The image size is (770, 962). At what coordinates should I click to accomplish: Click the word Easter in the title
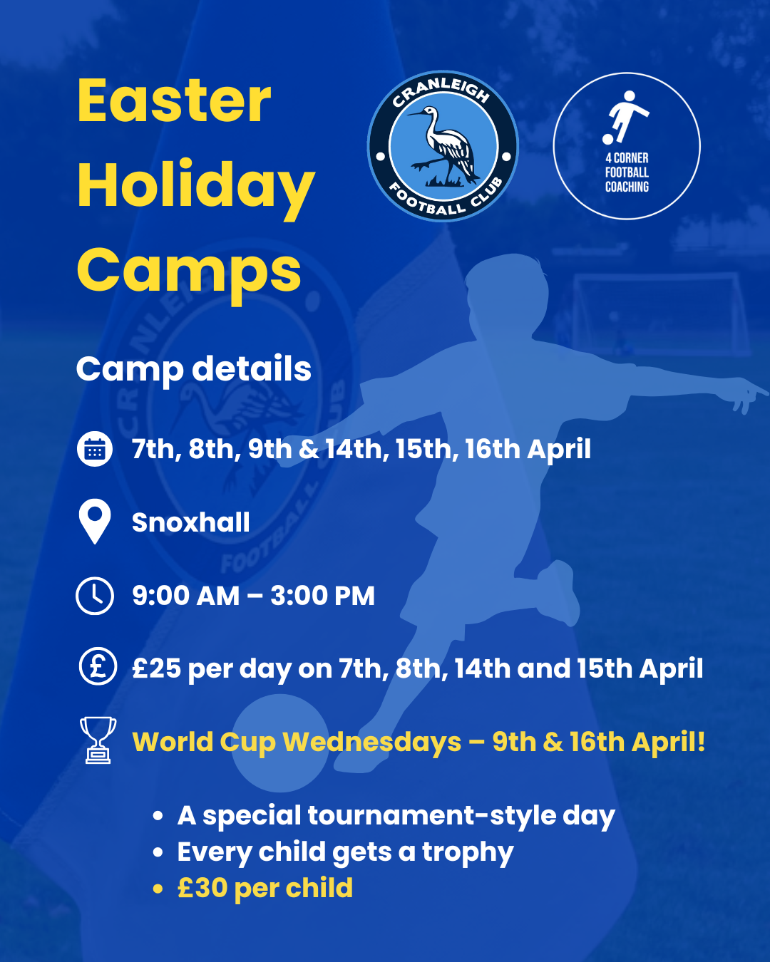[x=174, y=101]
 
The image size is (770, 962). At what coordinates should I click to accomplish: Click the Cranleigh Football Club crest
[x=443, y=146]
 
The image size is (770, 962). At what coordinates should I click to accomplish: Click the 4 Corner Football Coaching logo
[x=627, y=146]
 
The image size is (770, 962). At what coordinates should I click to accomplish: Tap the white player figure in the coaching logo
[x=625, y=118]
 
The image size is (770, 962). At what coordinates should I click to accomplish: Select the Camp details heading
[x=194, y=369]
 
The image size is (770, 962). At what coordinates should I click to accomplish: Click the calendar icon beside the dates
[x=94, y=449]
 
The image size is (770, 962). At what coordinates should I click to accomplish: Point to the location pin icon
[x=95, y=521]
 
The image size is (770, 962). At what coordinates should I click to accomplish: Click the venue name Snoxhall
[x=190, y=522]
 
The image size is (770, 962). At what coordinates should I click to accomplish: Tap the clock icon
[x=95, y=596]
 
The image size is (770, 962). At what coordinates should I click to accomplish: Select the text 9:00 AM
[x=186, y=596]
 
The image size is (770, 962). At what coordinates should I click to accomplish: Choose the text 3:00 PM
[x=322, y=596]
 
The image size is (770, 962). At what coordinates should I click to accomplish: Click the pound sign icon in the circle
[x=98, y=666]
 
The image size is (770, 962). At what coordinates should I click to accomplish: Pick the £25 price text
[x=157, y=668]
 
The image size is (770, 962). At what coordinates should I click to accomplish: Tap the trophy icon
[x=98, y=740]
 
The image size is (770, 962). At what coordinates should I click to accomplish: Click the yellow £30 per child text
[x=265, y=888]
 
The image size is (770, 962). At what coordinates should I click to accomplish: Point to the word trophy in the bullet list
[x=468, y=853]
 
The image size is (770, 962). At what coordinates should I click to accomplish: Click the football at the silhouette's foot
[x=280, y=743]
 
